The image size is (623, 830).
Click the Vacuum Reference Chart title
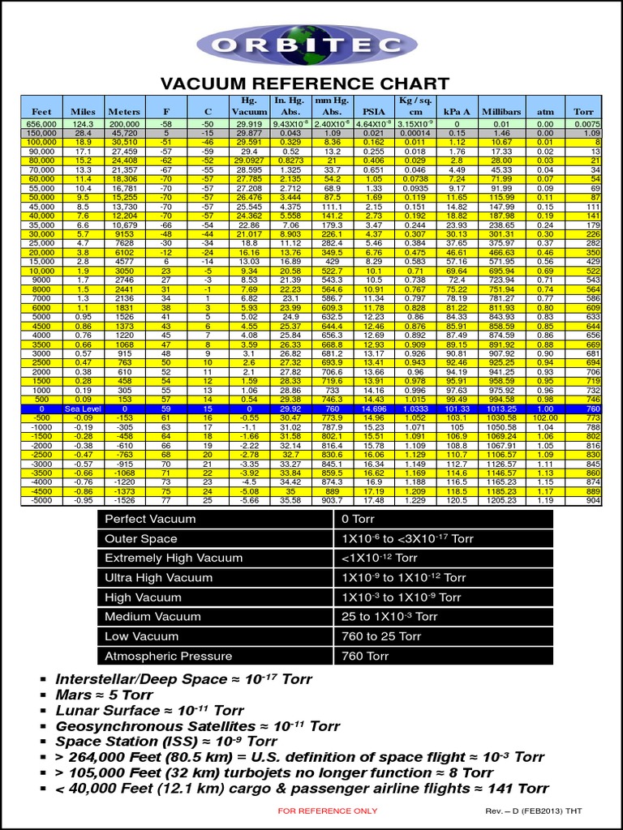click(304, 83)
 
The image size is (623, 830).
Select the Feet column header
click(41, 111)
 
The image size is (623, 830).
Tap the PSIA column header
click(373, 111)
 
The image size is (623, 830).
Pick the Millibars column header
click(501, 111)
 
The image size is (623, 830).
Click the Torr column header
click(583, 111)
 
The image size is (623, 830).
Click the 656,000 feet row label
click(41, 123)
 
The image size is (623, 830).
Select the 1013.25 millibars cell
click(501, 410)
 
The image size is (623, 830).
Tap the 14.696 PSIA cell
click(373, 410)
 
